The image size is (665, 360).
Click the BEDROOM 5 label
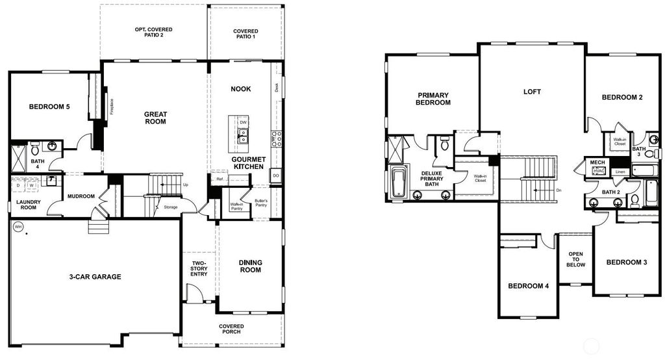coord(49,107)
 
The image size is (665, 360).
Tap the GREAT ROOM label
coord(155,118)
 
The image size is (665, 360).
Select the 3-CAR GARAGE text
coord(95,277)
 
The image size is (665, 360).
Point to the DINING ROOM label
coord(250,266)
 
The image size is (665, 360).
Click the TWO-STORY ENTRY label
coord(199,269)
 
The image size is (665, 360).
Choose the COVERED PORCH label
coord(231,329)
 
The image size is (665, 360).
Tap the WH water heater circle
coord(18,227)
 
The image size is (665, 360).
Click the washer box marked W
coord(31,186)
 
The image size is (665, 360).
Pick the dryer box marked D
coord(18,186)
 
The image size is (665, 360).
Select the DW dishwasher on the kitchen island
coord(243,122)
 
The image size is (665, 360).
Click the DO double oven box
coord(276,175)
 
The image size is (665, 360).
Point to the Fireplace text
coord(112,105)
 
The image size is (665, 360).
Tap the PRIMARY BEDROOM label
coord(433,99)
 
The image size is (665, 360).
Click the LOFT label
coord(532,92)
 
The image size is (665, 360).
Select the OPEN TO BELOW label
coord(576,259)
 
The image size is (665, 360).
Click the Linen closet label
coord(620,172)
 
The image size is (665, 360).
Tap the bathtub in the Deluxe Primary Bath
coord(398,181)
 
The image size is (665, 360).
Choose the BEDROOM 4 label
coord(529,286)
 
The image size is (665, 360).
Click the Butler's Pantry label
coord(261,203)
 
